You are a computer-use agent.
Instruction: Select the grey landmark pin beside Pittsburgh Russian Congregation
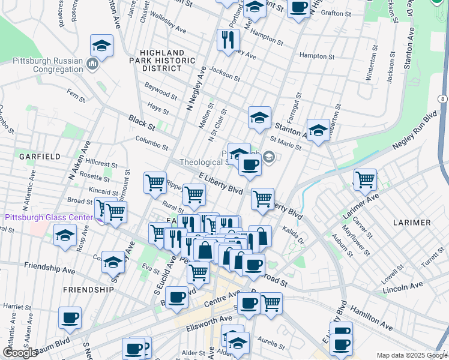point(92,64)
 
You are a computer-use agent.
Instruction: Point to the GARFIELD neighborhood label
point(40,156)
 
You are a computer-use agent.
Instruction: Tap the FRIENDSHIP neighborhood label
point(88,289)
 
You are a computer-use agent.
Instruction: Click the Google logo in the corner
point(20,353)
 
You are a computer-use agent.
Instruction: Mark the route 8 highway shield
point(442,98)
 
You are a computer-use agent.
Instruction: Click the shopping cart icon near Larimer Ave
point(365,179)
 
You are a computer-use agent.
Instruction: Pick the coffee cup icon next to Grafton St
point(298,8)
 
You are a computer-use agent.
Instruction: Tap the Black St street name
point(142,124)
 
